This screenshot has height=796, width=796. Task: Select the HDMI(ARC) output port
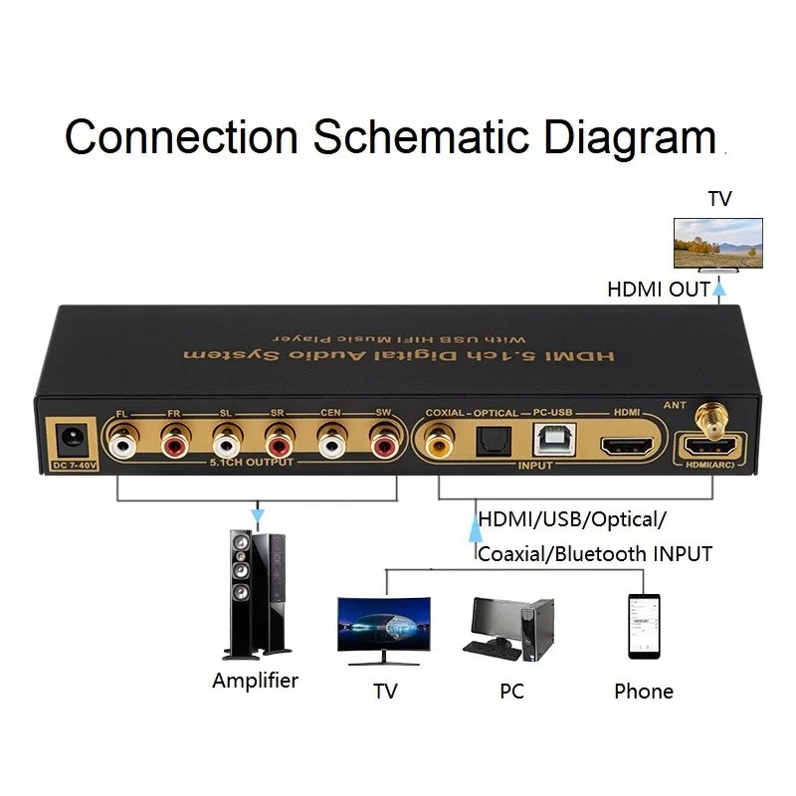pos(712,445)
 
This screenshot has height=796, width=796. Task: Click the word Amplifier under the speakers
pos(255,682)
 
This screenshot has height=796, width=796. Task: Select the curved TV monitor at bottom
pos(383,631)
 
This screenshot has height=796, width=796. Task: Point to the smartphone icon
pos(643,626)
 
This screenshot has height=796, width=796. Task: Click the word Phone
pos(643,692)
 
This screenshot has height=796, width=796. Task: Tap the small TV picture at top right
pos(717,244)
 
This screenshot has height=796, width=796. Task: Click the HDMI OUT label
pos(658,290)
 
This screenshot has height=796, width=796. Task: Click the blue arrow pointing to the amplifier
pos(258,517)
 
